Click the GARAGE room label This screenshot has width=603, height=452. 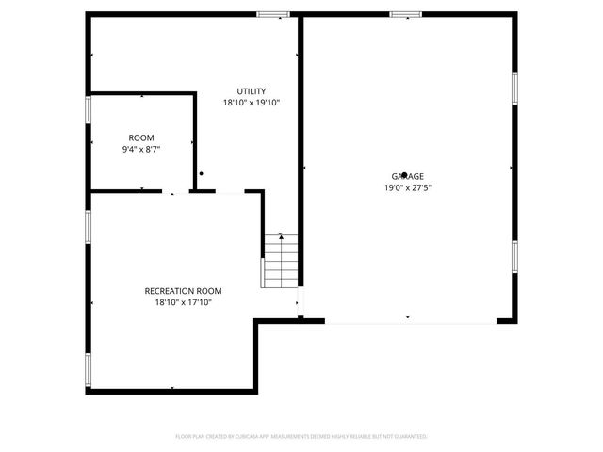(407, 177)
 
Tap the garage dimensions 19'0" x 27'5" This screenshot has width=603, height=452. (407, 187)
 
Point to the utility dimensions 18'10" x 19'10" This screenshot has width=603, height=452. (251, 103)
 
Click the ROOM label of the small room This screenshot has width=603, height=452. (141, 138)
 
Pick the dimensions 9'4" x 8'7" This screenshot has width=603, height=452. (141, 150)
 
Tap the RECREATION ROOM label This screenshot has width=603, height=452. (183, 291)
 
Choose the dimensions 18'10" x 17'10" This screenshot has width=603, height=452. (183, 302)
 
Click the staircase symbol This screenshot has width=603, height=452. (280, 261)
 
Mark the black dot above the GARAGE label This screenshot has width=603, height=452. (404, 174)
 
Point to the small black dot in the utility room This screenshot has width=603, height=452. (201, 172)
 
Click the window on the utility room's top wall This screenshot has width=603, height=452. (273, 14)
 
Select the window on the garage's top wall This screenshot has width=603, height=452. (406, 14)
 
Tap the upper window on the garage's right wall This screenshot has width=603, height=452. (514, 87)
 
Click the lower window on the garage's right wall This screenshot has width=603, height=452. (514, 256)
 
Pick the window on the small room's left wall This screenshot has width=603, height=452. (88, 109)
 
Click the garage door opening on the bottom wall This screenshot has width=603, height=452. (410, 321)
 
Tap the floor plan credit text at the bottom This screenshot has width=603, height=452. (301, 436)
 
